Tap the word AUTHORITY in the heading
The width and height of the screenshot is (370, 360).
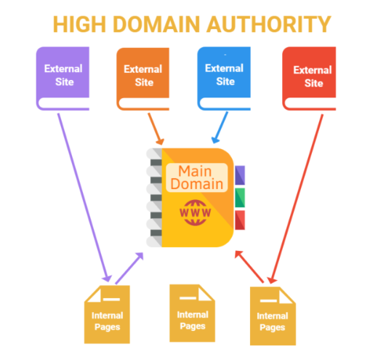coord(268,24)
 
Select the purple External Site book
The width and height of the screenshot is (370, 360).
coord(63,79)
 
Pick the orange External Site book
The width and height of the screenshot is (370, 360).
coord(142,79)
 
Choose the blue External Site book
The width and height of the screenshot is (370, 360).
coord(224,79)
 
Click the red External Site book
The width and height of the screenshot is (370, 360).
coord(309,79)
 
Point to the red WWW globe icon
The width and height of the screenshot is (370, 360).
coord(196,212)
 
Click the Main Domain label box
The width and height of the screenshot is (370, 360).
coord(197,177)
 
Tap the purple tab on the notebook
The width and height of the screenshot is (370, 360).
coord(240,175)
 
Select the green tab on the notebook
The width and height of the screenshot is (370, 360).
coord(240,198)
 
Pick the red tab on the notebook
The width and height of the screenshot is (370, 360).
coord(240,220)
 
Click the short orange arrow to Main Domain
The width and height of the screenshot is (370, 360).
coord(156,129)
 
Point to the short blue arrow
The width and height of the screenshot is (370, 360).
coord(220,127)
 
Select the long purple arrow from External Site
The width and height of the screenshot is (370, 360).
coord(84,198)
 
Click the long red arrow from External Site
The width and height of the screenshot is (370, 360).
coord(296,199)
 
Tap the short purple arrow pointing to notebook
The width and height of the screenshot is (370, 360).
coord(129,268)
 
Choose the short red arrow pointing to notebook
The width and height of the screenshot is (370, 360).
coord(249,267)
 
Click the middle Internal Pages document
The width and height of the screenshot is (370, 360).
coord(193,313)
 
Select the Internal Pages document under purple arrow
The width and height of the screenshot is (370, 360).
coord(107,314)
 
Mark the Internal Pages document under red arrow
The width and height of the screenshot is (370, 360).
coord(273,316)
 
